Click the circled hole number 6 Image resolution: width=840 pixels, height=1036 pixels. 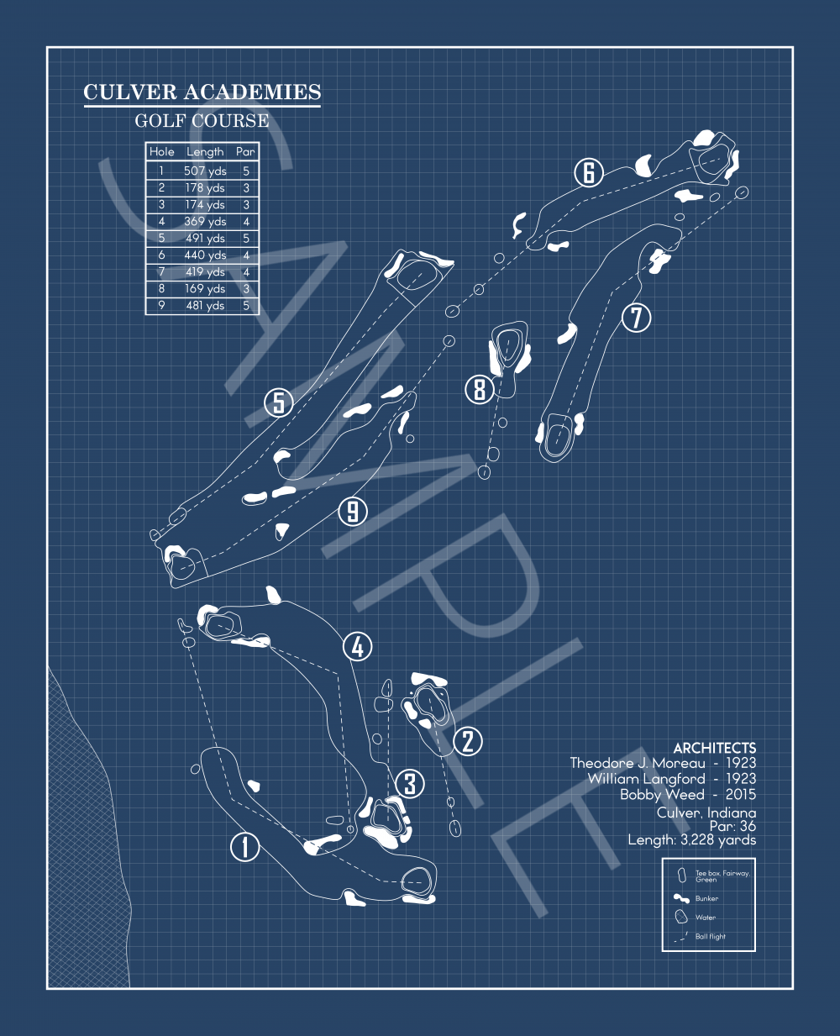click(x=589, y=173)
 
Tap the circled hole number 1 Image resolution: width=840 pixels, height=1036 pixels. click(x=245, y=846)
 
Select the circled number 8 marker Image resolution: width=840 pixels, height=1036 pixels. click(x=480, y=389)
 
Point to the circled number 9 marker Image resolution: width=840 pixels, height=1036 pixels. click(x=353, y=510)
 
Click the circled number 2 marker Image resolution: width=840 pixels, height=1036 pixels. click(x=468, y=741)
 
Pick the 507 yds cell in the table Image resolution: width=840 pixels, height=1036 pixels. click(x=205, y=171)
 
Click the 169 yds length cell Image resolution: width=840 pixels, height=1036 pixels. click(x=205, y=288)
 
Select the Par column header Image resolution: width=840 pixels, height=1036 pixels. click(x=245, y=152)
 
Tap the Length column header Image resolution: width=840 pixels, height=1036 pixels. click(x=205, y=152)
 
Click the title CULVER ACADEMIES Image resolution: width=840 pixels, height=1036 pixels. click(x=202, y=92)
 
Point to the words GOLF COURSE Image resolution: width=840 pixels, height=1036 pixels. click(x=202, y=121)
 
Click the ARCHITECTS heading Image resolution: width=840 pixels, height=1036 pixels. click(x=714, y=748)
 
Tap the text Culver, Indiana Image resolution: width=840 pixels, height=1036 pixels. click(x=706, y=812)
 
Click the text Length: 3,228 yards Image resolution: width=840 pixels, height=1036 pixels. click(x=691, y=839)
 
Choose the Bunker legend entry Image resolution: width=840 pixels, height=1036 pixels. click(x=706, y=898)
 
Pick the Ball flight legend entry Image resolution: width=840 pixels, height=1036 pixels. click(x=710, y=936)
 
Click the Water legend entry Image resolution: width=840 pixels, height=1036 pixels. click(x=705, y=918)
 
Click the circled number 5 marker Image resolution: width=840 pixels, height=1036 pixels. click(x=279, y=402)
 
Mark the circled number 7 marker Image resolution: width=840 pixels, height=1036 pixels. click(x=637, y=318)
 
